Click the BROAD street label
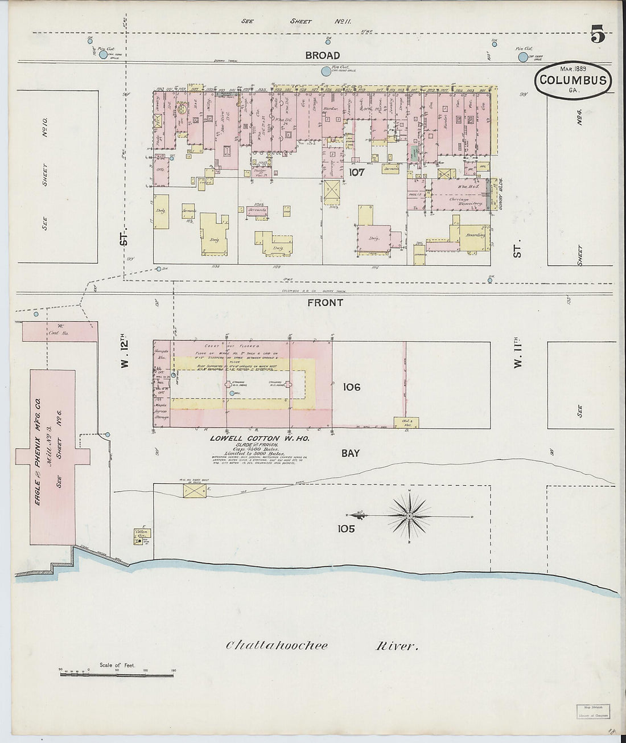tap(322, 55)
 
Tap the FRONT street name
tap(325, 303)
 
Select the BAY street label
tap(351, 453)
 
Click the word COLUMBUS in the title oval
tap(573, 80)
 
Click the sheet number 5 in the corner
tap(598, 36)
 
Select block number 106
tap(351, 387)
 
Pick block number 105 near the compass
tap(346, 529)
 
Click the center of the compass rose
tap(409, 516)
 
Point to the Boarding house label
tap(475, 235)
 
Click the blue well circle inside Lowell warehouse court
tap(232, 393)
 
